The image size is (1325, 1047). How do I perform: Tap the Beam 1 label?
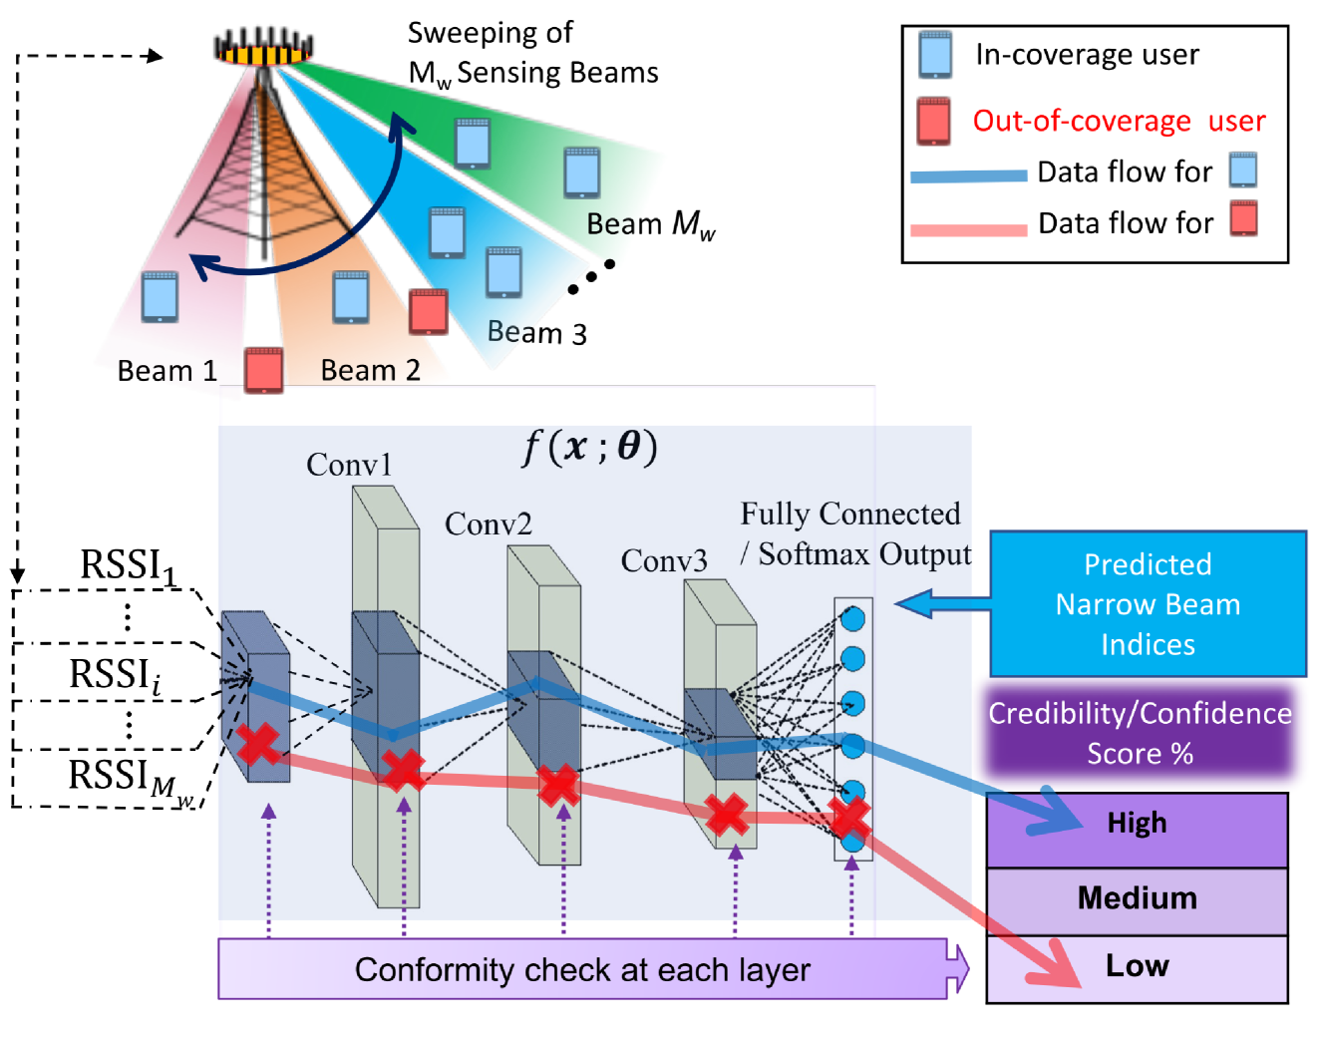pyautogui.click(x=166, y=371)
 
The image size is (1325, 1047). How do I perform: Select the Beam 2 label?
pyautogui.click(x=370, y=371)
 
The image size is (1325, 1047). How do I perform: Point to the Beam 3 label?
pyautogui.click(x=536, y=332)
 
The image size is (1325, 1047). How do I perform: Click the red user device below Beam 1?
pyautogui.click(x=264, y=370)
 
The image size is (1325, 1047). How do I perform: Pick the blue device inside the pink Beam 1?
pyautogui.click(x=160, y=296)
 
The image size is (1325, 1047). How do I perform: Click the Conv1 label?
pyautogui.click(x=349, y=465)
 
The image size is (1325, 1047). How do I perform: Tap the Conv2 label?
pyautogui.click(x=488, y=523)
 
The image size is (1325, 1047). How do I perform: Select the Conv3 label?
pyautogui.click(x=664, y=560)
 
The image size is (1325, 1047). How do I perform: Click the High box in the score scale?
pyautogui.click(x=1137, y=829)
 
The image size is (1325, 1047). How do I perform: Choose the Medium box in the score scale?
pyautogui.click(x=1137, y=899)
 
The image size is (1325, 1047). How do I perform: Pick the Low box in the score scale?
pyautogui.click(x=1137, y=967)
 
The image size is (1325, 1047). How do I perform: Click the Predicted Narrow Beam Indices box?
pyautogui.click(x=1148, y=604)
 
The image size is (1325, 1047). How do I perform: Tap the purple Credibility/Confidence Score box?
pyautogui.click(x=1140, y=733)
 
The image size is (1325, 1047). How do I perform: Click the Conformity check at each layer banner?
pyautogui.click(x=582, y=969)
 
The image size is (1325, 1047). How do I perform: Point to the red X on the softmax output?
pyautogui.click(x=849, y=818)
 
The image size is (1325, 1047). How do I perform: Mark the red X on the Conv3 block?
pyautogui.click(x=727, y=815)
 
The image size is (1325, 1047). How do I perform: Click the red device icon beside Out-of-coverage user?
pyautogui.click(x=934, y=121)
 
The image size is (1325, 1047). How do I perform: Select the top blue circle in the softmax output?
pyautogui.click(x=852, y=618)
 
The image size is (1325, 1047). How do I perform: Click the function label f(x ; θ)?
pyautogui.click(x=590, y=447)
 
